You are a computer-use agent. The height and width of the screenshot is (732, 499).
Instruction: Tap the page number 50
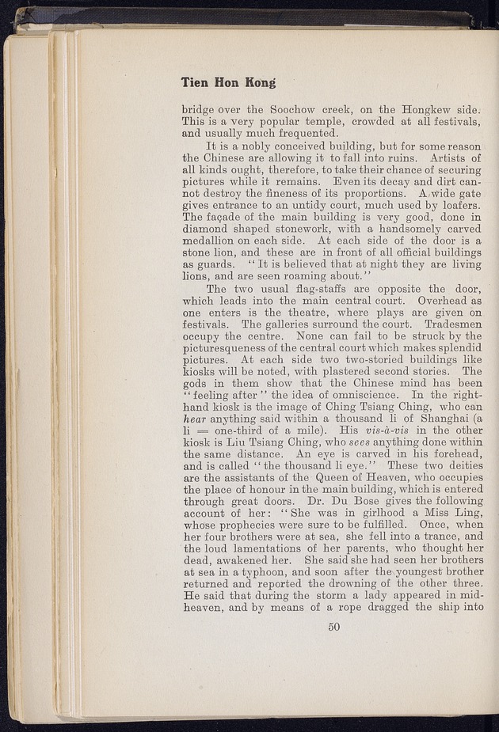pyautogui.click(x=333, y=628)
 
